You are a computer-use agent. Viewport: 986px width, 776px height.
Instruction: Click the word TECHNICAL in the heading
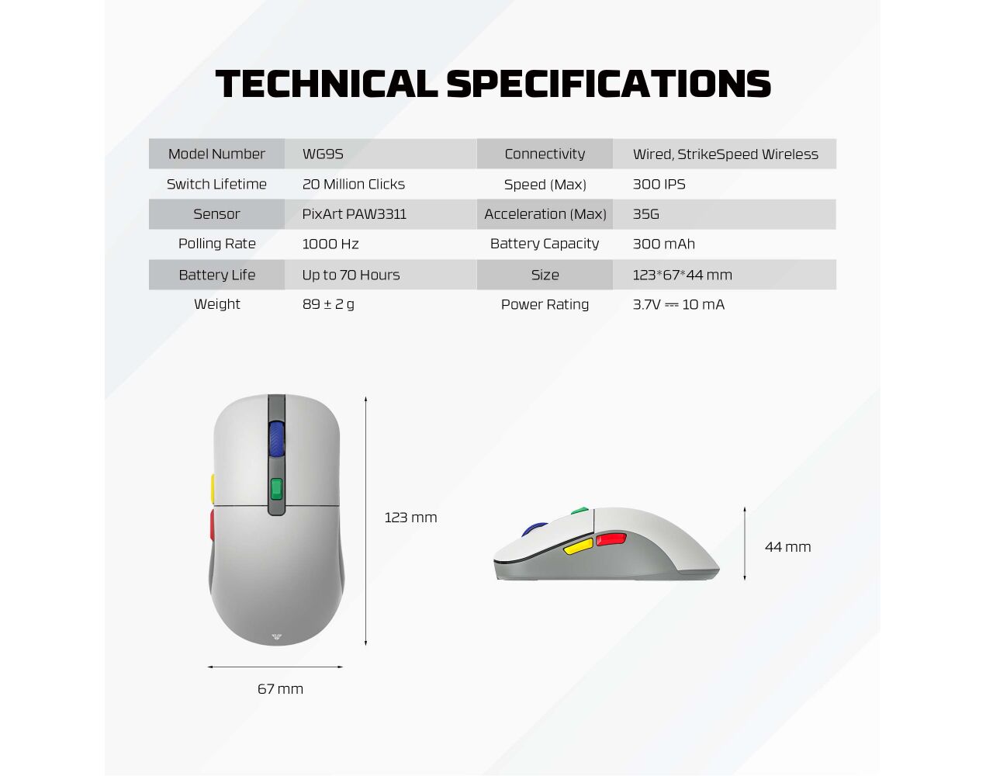327,84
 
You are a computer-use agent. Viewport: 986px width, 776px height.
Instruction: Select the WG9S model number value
323,154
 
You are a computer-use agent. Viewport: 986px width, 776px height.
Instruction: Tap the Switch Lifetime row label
216,184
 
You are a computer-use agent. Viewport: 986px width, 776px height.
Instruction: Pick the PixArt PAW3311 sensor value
355,214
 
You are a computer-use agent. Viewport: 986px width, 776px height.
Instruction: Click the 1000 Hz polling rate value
330,244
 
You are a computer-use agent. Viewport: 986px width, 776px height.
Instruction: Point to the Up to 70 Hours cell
351,275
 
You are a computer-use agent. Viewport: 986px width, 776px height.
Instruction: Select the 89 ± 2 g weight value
328,304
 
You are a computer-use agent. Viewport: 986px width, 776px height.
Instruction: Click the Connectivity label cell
545,154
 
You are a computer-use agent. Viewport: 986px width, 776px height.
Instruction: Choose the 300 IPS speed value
659,184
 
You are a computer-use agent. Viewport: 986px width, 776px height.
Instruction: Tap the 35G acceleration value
645,214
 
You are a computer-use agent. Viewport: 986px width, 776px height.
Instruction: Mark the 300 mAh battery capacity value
663,244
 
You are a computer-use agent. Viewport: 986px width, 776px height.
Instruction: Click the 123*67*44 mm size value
682,275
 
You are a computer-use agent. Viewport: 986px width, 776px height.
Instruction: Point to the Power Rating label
545,304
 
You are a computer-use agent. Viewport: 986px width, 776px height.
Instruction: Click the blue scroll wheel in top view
276,438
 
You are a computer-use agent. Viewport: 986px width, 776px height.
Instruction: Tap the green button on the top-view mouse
276,489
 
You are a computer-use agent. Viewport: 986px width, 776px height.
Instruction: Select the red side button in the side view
611,539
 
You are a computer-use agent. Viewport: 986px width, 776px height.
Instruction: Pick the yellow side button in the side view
578,546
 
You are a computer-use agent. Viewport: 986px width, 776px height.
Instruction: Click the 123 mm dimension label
410,518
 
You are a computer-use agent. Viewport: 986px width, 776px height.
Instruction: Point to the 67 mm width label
280,689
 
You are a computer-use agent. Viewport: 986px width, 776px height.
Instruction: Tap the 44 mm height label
787,547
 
